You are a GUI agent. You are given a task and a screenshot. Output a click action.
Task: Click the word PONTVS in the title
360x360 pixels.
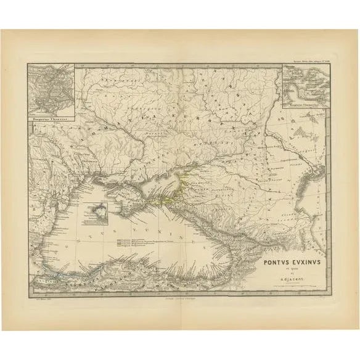(275, 261)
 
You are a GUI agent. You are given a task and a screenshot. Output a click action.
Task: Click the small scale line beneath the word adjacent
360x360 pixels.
(292, 284)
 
